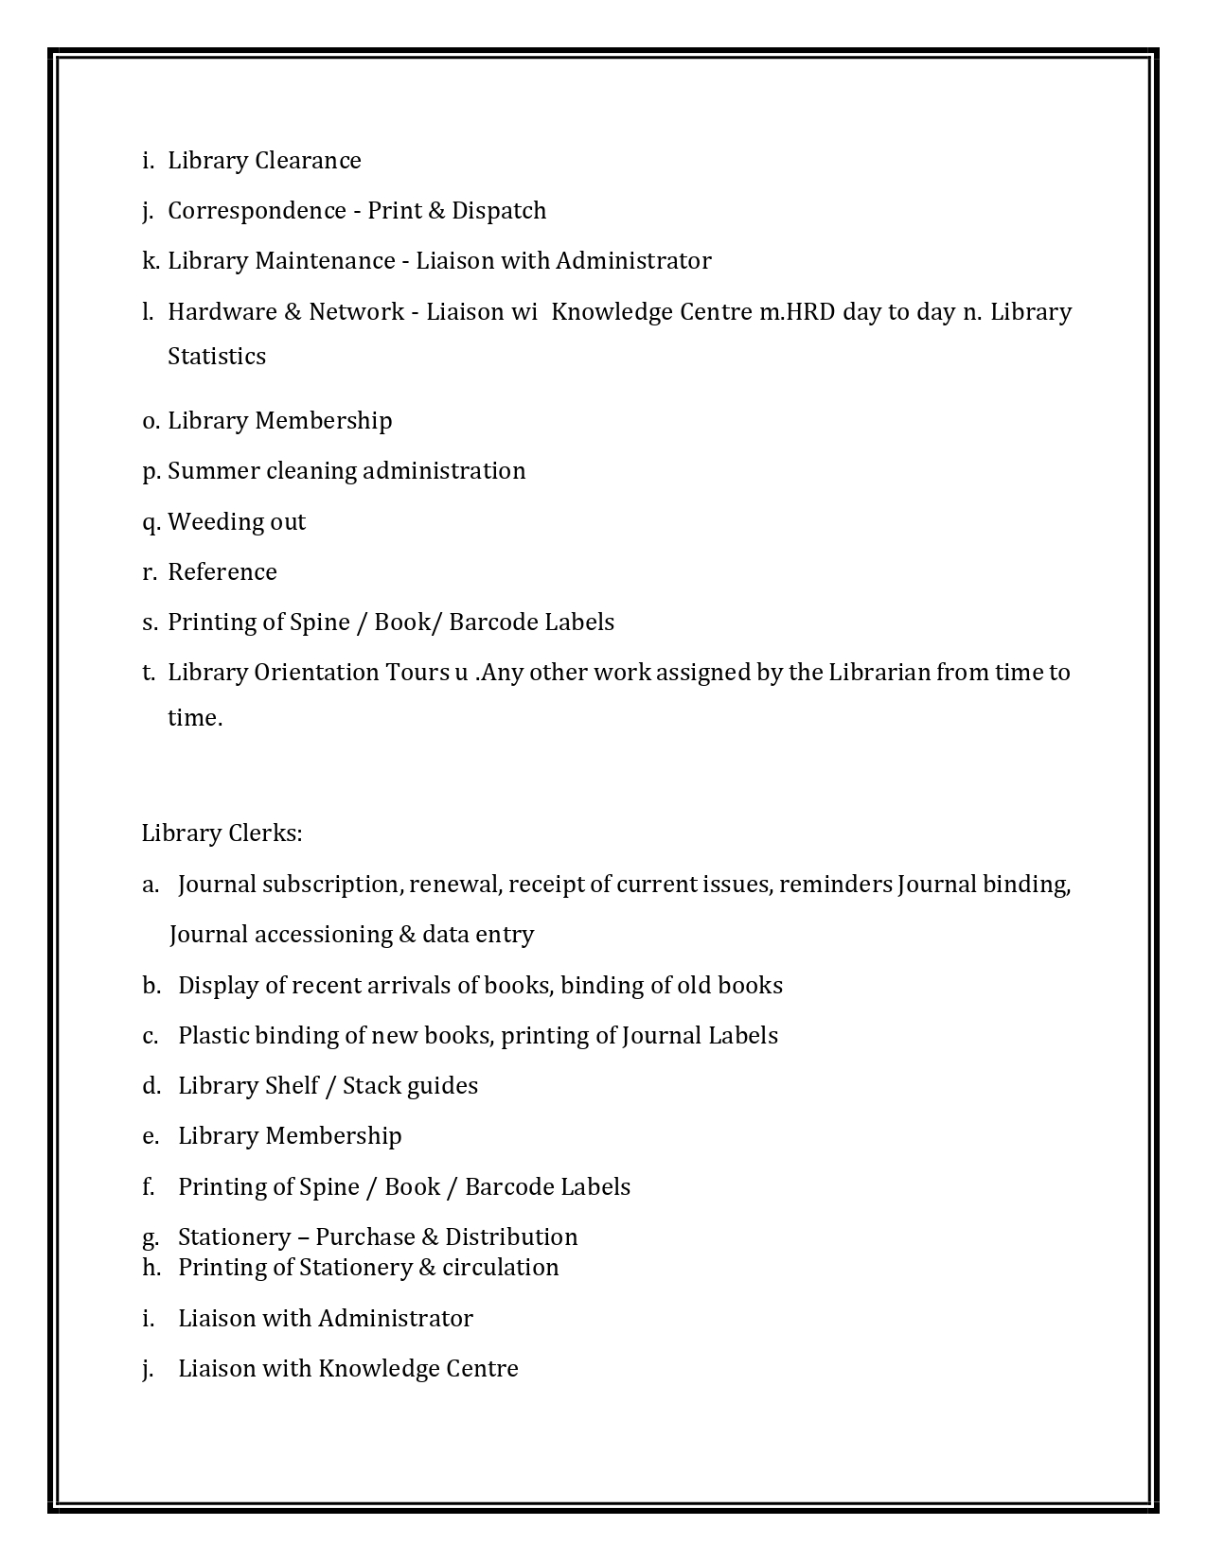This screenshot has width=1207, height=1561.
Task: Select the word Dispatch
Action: pos(499,211)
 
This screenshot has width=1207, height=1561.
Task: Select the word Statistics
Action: pos(217,357)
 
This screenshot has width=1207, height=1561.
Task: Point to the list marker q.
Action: pos(151,522)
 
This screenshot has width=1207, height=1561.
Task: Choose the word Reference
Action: pos(222,572)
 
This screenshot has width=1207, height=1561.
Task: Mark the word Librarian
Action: pos(879,673)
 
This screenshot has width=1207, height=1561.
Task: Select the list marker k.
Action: pos(151,261)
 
